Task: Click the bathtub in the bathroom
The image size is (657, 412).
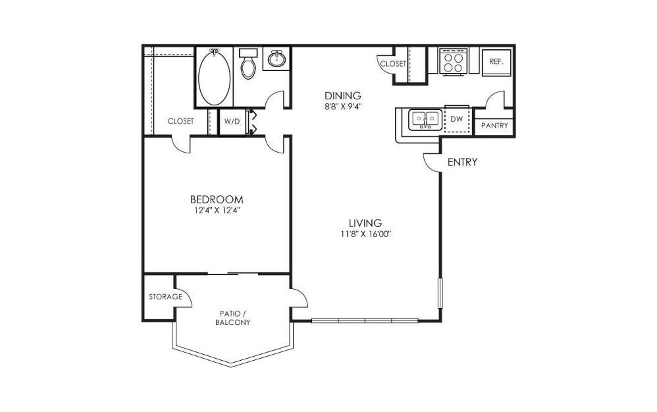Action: point(214,77)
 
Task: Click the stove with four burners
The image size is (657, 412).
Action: point(454,62)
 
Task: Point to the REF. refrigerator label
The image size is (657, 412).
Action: point(496,62)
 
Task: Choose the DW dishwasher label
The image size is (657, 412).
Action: point(456,119)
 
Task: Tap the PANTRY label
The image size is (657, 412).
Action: point(494,125)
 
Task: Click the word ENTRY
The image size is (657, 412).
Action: point(463,162)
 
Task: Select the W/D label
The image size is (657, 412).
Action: point(232,121)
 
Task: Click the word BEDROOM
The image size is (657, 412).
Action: point(217,199)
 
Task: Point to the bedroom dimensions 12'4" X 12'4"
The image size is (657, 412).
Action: point(217,210)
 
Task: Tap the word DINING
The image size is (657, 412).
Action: point(343,95)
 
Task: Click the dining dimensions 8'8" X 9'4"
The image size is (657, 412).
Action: point(343,107)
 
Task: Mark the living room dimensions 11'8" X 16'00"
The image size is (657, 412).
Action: point(366,234)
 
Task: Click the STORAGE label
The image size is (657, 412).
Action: point(166,297)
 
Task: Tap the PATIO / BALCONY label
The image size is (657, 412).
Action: point(232,318)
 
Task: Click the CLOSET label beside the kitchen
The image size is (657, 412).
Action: point(393,64)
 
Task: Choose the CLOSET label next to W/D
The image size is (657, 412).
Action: point(180,121)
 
